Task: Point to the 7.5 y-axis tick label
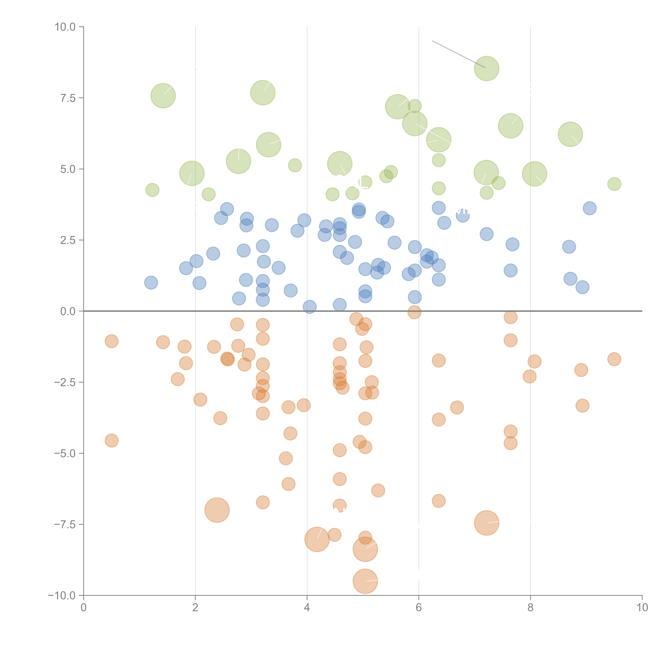pyautogui.click(x=68, y=98)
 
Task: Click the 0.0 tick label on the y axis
pyautogui.click(x=68, y=311)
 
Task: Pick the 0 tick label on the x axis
pyautogui.click(x=83, y=608)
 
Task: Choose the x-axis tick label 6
pyautogui.click(x=419, y=608)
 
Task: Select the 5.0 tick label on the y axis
pyautogui.click(x=68, y=169)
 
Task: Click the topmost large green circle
pyautogui.click(x=486, y=68)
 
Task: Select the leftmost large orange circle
pyautogui.click(x=217, y=510)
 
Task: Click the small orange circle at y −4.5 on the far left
pyautogui.click(x=111, y=440)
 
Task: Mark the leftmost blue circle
pyautogui.click(x=151, y=283)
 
